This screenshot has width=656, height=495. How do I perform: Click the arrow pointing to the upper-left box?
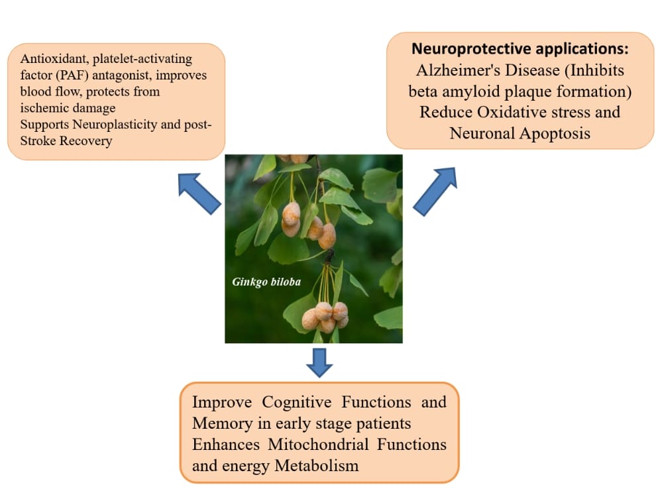199,193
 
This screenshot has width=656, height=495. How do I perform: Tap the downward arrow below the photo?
319,362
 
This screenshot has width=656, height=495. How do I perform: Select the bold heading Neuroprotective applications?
520,49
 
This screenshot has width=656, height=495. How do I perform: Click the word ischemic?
44,107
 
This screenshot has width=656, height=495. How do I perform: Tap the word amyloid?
474,91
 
